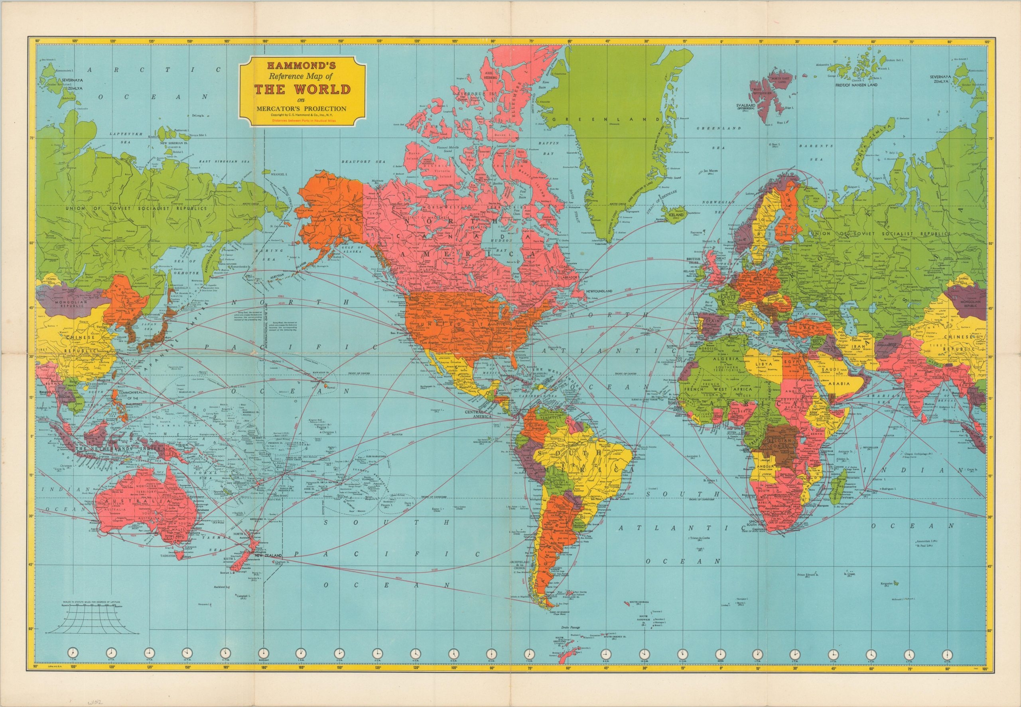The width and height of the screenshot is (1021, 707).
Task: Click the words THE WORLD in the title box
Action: tap(302, 90)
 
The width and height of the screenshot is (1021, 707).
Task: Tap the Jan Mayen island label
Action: tap(711, 170)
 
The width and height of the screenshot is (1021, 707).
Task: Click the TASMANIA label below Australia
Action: tap(166, 555)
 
